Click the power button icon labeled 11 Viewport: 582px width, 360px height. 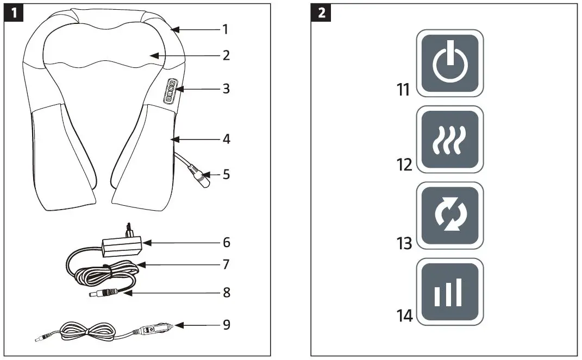[449, 63]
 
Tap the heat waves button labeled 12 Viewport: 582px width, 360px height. [449, 139]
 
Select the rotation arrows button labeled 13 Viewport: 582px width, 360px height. [449, 215]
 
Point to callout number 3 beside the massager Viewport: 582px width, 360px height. [226, 89]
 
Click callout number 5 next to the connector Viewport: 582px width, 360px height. [226, 175]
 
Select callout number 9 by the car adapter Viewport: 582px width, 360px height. [226, 325]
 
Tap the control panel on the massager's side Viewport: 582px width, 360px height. [171, 89]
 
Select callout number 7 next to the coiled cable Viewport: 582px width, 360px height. [226, 264]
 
